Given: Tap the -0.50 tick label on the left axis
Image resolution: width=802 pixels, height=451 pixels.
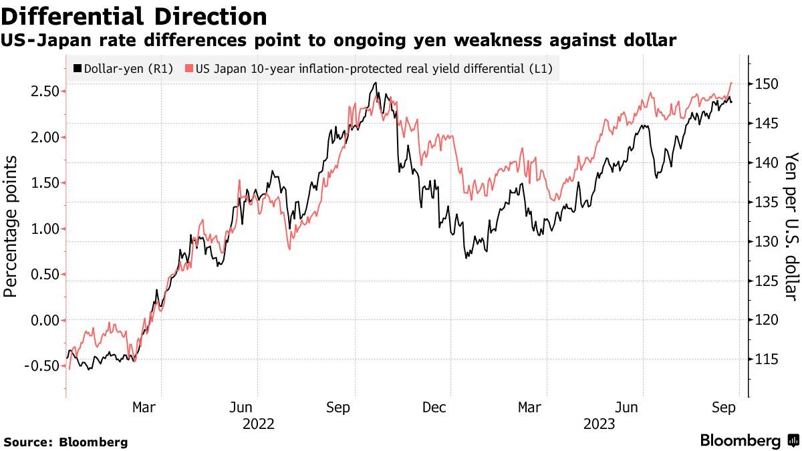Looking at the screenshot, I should (x=38, y=366).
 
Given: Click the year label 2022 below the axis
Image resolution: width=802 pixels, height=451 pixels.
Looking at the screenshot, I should (x=259, y=424).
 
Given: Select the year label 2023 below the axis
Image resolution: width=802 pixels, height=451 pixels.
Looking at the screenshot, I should (x=599, y=424).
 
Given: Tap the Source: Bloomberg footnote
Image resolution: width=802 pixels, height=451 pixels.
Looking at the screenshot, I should (x=65, y=442).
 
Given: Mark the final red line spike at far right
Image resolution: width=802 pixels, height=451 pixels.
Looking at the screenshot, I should (x=732, y=84).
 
